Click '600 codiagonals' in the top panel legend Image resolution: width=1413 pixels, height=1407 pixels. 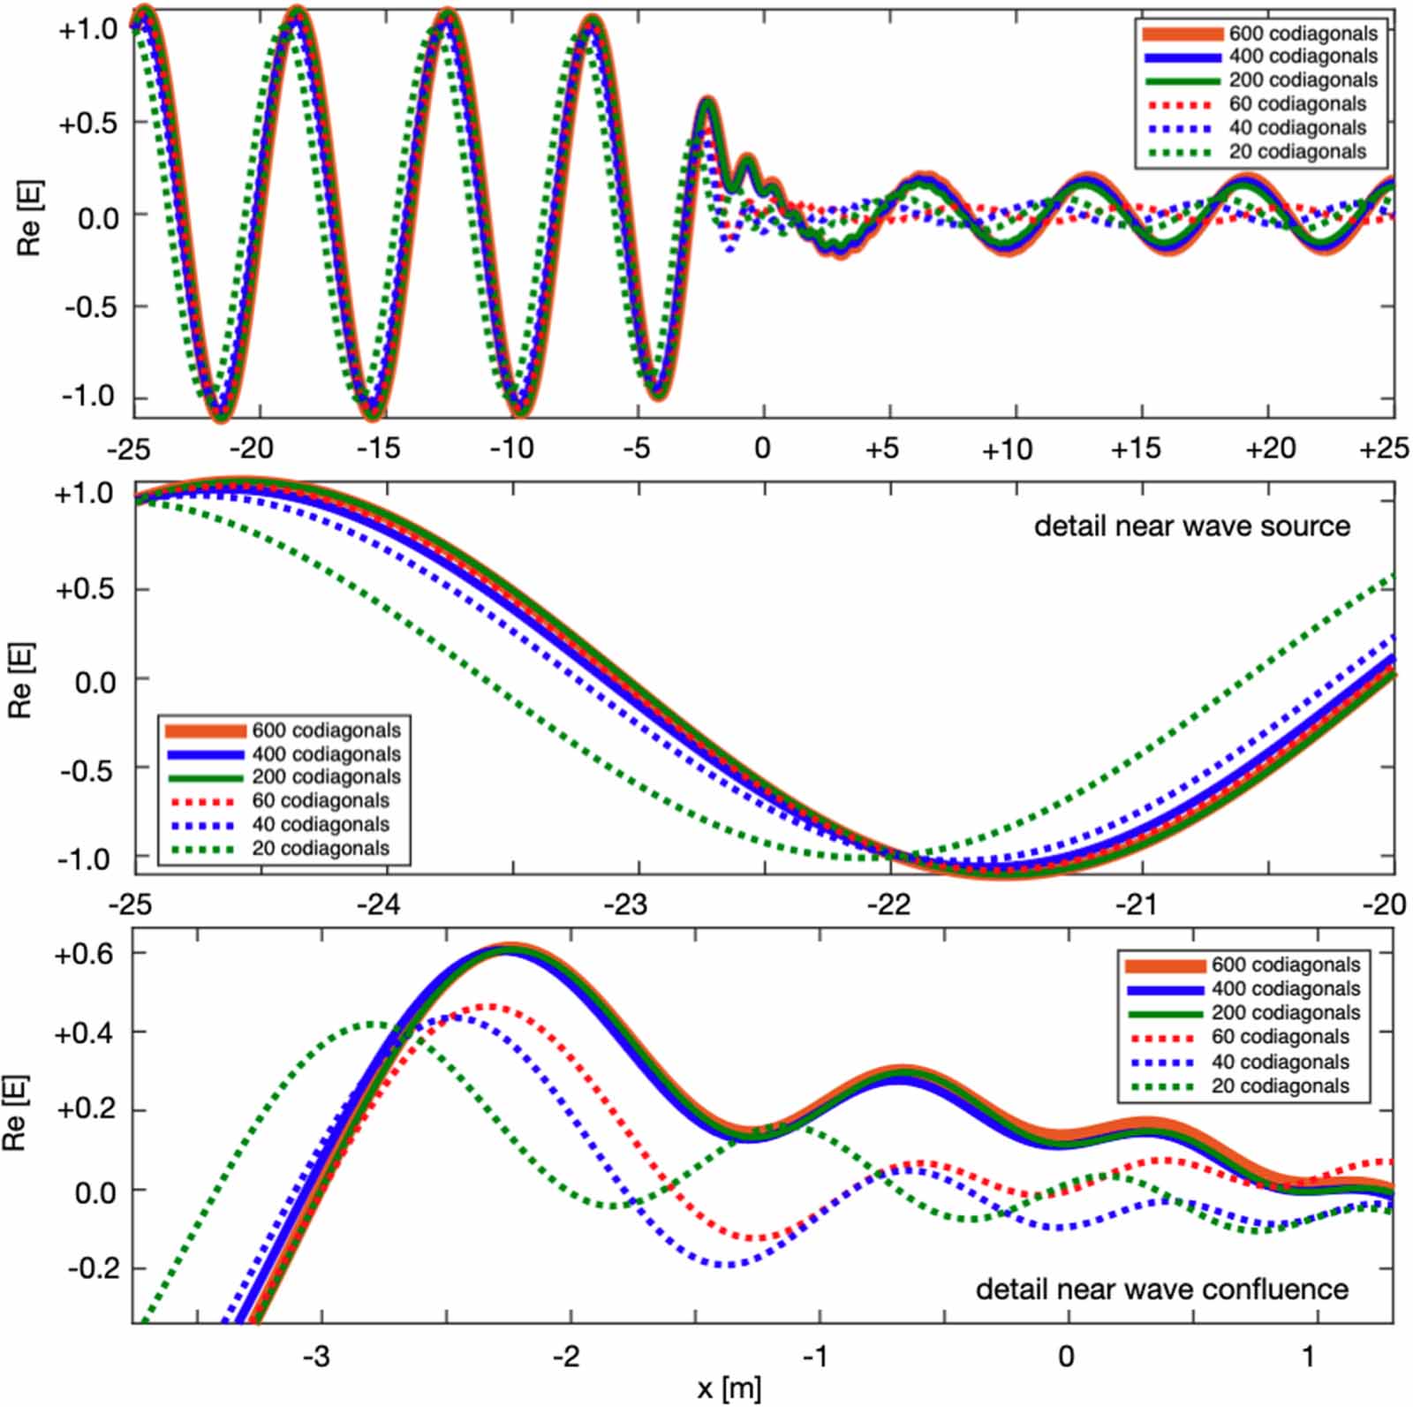(x=1303, y=34)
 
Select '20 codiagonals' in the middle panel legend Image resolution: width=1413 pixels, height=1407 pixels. (x=321, y=849)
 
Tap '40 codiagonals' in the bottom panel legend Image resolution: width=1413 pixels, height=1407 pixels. (x=1280, y=1062)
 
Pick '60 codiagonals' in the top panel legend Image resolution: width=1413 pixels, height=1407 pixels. (x=1297, y=104)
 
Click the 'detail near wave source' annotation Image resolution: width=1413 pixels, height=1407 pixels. (x=1191, y=526)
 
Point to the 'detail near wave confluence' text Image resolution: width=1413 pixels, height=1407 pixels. (x=1161, y=1290)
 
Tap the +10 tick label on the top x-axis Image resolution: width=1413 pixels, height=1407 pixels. (x=1007, y=450)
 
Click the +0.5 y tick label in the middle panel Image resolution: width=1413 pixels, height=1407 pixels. (x=85, y=589)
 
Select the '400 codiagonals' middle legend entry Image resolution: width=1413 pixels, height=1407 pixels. (x=326, y=754)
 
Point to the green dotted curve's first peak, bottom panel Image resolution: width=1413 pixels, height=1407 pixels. (x=373, y=1025)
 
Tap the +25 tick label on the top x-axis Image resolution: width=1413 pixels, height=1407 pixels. (x=1383, y=449)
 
